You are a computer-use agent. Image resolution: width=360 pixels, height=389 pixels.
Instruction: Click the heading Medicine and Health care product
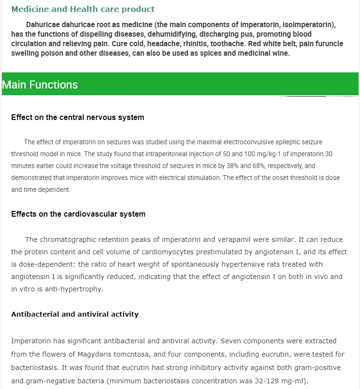(x=83, y=9)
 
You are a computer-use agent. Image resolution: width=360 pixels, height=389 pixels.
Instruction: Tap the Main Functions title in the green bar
(x=40, y=85)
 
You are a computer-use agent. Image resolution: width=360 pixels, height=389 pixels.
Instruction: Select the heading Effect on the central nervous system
(x=78, y=117)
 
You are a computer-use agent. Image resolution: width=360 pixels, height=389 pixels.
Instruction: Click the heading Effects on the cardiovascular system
(x=78, y=214)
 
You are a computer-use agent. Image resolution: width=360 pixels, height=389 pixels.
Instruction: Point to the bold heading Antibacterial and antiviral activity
(x=75, y=314)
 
